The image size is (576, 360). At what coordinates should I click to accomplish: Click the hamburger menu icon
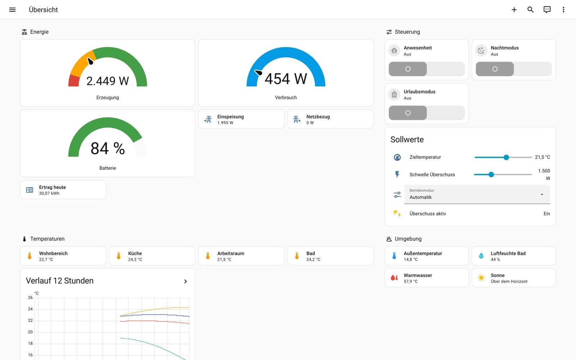tap(12, 10)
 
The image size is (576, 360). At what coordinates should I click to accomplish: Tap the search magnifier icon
tap(530, 10)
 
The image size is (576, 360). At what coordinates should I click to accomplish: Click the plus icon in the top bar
tap(514, 10)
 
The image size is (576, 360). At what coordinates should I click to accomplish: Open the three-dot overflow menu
tap(563, 10)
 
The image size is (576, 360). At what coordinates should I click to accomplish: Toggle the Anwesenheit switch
tap(427, 69)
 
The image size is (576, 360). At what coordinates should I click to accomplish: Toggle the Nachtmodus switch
tap(513, 69)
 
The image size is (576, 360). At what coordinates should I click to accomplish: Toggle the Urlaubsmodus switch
tap(427, 113)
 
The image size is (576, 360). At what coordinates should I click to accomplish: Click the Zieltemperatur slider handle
tap(506, 157)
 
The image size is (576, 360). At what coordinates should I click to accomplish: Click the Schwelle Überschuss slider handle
tap(491, 175)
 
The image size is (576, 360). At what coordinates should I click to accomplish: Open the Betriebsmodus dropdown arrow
tap(542, 194)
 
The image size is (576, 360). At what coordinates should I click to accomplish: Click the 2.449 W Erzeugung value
tap(108, 81)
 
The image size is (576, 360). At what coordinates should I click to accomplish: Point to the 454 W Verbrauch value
tap(286, 79)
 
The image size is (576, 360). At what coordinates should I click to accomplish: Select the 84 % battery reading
tap(108, 148)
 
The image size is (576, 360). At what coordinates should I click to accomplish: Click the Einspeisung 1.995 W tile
tap(241, 119)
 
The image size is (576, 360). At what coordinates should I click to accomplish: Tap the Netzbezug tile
tap(330, 119)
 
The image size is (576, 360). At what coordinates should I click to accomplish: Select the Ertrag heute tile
tap(63, 190)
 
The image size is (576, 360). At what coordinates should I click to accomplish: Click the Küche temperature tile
tap(152, 256)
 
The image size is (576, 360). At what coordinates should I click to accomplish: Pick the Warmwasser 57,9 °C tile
tap(427, 278)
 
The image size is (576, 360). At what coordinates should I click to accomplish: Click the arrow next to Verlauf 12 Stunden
tap(185, 281)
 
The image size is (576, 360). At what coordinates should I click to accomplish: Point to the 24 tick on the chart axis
tap(30, 309)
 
